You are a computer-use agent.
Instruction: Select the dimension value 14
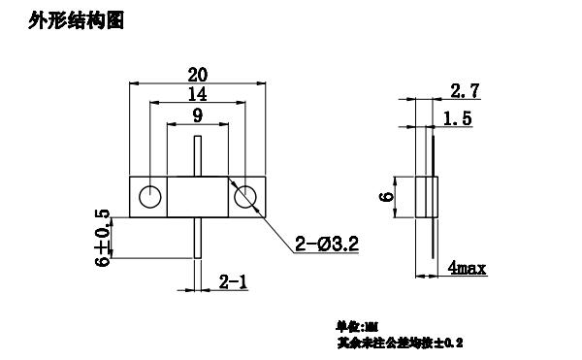point(199,94)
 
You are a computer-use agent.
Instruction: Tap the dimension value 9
point(199,115)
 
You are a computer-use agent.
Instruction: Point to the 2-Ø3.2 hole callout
point(326,245)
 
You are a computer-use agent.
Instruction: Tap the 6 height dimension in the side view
point(388,197)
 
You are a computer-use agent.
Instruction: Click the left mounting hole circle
point(149,197)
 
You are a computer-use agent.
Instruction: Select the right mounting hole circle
point(247,197)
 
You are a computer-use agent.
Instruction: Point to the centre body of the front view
point(199,197)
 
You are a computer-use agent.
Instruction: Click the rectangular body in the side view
point(428,198)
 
